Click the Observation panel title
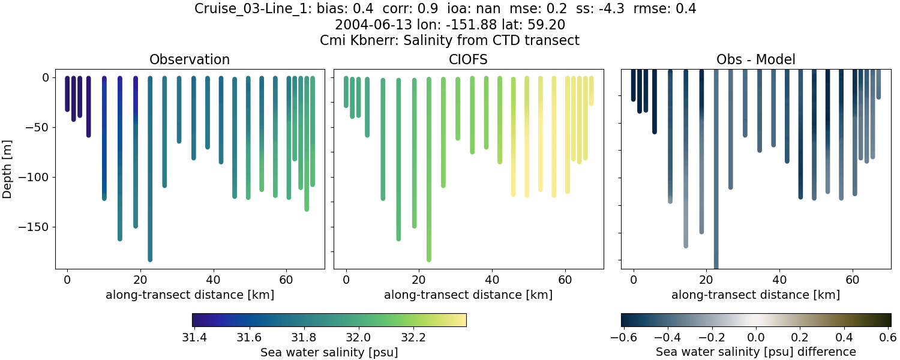point(190,59)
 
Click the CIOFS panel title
point(468,59)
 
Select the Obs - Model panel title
point(755,59)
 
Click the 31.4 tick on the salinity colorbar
point(194,337)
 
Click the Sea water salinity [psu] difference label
point(755,352)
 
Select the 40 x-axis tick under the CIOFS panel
point(492,280)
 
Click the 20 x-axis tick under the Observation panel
point(140,280)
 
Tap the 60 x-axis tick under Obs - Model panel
point(853,280)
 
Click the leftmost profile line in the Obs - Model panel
point(633,87)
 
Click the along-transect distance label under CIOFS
point(468,295)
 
